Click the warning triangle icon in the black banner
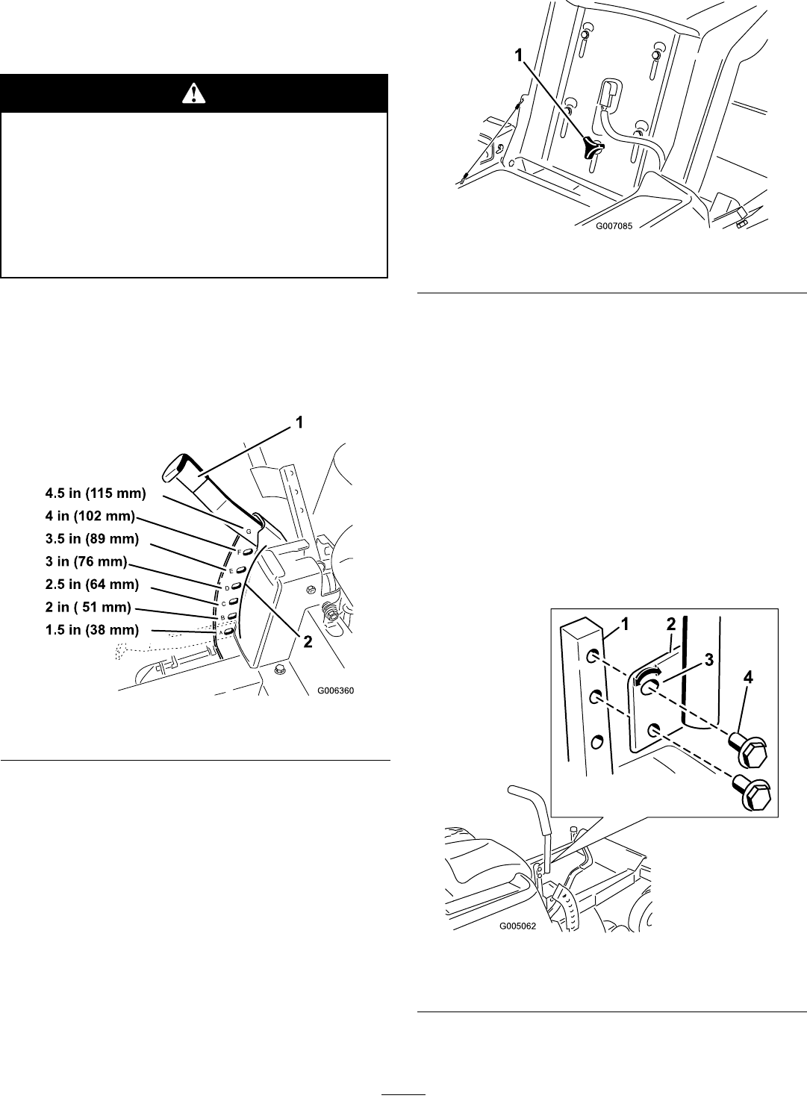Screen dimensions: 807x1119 195,93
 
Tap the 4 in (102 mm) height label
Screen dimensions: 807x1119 90,516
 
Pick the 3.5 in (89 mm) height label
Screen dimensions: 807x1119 93,539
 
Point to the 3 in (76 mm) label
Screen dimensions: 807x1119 87,561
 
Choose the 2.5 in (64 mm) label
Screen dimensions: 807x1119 93,585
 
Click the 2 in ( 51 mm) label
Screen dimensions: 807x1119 89,607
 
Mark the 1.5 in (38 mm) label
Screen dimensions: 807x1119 93,630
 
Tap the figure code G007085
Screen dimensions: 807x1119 614,226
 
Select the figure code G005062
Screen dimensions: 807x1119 518,926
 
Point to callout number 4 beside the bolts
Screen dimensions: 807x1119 748,678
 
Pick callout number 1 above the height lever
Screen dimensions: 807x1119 299,423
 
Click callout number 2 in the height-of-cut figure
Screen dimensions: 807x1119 308,641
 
